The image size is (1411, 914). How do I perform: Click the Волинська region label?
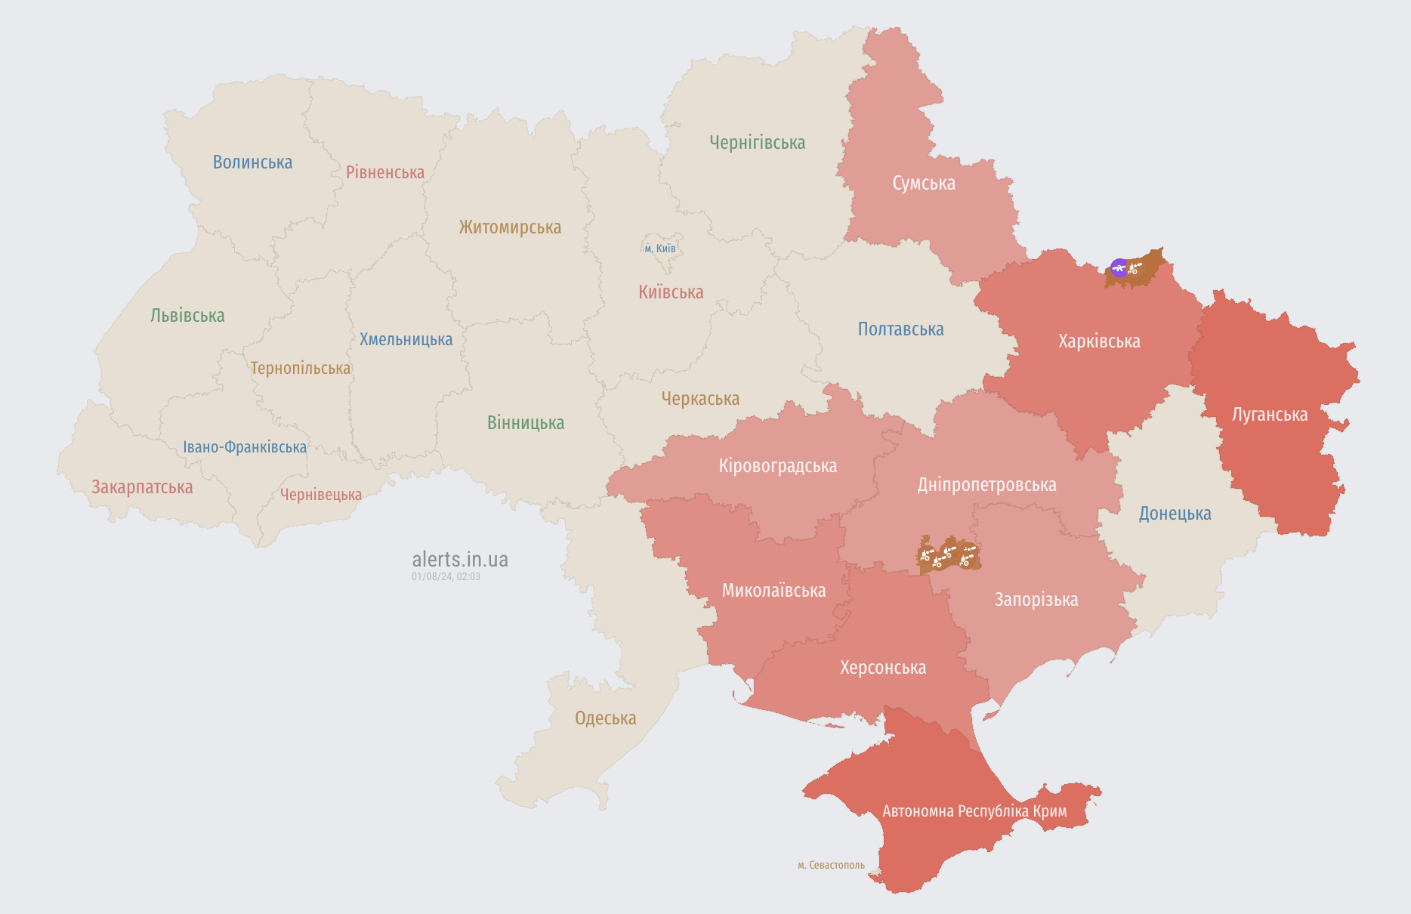coord(252,162)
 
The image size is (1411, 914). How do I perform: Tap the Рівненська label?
coord(385,172)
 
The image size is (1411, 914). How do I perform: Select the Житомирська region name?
coord(510,227)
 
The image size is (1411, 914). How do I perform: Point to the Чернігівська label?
coord(757,143)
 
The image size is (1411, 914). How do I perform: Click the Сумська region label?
coord(923,184)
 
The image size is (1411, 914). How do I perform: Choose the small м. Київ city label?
coord(660,249)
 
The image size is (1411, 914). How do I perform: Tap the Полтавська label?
coord(900,329)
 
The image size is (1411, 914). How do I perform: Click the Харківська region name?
coord(1099,341)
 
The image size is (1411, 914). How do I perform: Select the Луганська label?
coord(1269,415)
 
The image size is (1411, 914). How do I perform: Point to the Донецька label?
coord(1175,514)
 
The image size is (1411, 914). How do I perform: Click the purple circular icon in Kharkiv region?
coord(1119,267)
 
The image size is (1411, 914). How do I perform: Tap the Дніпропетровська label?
coord(986,485)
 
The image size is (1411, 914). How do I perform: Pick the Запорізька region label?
coord(1036,600)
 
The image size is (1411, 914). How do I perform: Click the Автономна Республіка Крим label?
coord(974,811)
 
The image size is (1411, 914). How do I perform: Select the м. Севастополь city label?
coord(831,865)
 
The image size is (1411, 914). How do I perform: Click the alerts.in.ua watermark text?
coord(459,560)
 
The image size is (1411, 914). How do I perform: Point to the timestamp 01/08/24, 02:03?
coord(446,576)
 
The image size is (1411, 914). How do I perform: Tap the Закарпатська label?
coord(142,487)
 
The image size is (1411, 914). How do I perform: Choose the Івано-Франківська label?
coord(245,447)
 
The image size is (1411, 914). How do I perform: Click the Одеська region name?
coord(605,718)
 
